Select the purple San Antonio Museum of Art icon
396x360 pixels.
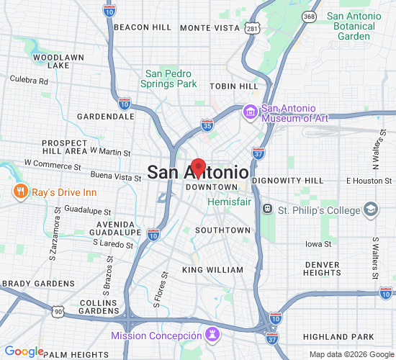(251, 112)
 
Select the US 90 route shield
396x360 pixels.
(57, 310)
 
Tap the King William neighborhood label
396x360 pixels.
(212, 270)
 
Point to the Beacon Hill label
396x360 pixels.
(143, 27)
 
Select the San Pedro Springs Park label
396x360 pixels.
(171, 78)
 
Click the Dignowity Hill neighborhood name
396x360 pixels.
(294, 180)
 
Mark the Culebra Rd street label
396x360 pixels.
(30, 81)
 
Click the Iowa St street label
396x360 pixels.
(317, 244)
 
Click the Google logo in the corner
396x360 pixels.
(24, 351)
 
